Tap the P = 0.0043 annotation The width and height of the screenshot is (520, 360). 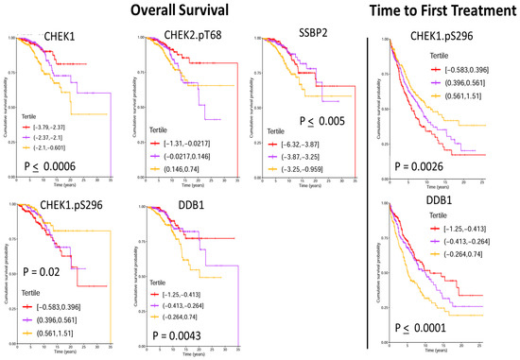coord(169,333)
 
